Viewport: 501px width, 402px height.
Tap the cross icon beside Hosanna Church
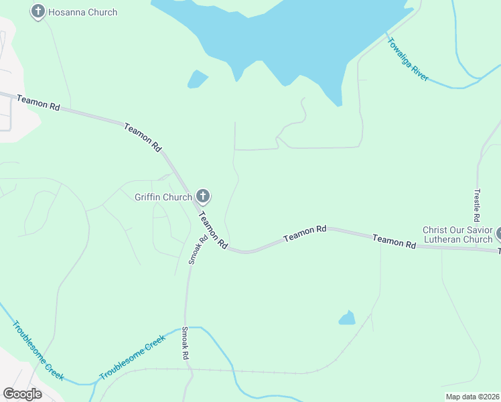(x=38, y=11)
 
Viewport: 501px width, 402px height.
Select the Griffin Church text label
(x=163, y=197)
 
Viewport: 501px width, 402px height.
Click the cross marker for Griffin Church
(x=203, y=197)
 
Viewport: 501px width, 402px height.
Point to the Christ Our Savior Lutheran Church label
(x=457, y=234)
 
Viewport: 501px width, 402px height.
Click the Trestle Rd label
(x=477, y=205)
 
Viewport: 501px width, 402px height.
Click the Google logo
(x=22, y=394)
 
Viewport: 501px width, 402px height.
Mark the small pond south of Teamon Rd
(x=347, y=318)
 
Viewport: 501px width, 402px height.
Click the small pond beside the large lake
(x=198, y=79)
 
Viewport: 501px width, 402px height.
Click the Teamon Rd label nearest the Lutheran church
(x=394, y=241)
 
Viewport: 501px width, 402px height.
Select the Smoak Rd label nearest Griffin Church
(x=194, y=248)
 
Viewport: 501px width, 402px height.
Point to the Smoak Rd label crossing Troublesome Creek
(x=186, y=344)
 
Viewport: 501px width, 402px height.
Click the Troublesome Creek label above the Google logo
(x=38, y=350)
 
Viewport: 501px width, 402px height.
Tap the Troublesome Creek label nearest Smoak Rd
(x=132, y=358)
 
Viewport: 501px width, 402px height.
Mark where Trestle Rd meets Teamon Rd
(x=477, y=247)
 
